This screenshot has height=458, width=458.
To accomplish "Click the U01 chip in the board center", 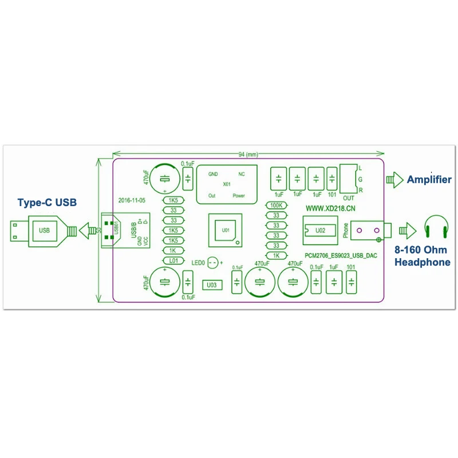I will [x=225, y=230].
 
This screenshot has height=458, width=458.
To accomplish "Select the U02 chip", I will [x=321, y=231].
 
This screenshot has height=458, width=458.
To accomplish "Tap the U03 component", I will [x=211, y=285].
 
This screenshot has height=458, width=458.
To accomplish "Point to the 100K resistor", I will [x=277, y=206].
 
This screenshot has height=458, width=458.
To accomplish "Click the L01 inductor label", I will [x=173, y=261].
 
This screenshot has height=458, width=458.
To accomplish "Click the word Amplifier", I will [x=429, y=180].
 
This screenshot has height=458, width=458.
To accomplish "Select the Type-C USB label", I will [x=47, y=203].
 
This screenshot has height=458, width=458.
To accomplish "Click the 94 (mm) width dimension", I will [x=248, y=155].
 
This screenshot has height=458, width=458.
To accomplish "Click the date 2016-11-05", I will [x=133, y=201].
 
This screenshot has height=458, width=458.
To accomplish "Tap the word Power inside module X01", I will [x=239, y=196].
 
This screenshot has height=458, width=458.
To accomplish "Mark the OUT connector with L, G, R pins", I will [x=348, y=179].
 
